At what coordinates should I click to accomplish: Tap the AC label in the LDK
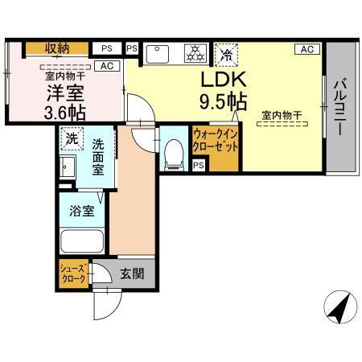[x=306, y=49]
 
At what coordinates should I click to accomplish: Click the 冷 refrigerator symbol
[x=227, y=55]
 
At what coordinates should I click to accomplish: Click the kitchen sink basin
[x=158, y=55]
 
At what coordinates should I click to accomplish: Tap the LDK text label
[x=222, y=81]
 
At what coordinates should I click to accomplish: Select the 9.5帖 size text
[x=222, y=103]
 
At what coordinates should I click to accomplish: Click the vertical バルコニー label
[x=339, y=106]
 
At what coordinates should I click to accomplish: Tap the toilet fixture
[x=171, y=154]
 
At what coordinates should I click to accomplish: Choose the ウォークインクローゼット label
[x=214, y=143]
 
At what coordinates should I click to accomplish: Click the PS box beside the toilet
[x=198, y=166]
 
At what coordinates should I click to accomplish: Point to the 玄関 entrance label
[x=132, y=274]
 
